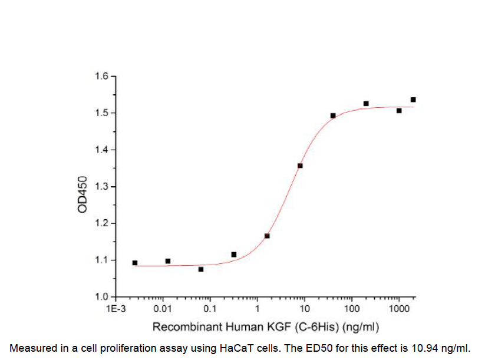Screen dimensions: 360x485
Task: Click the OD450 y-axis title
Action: pos(83,195)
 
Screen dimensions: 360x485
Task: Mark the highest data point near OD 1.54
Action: pos(413,100)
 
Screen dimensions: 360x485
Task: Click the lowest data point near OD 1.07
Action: pos(201,269)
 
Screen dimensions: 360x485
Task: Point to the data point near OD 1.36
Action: pos(300,166)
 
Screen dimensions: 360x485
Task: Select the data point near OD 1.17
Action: pos(267,236)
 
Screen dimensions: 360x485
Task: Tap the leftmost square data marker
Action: pos(135,263)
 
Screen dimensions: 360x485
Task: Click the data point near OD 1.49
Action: pos(333,115)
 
